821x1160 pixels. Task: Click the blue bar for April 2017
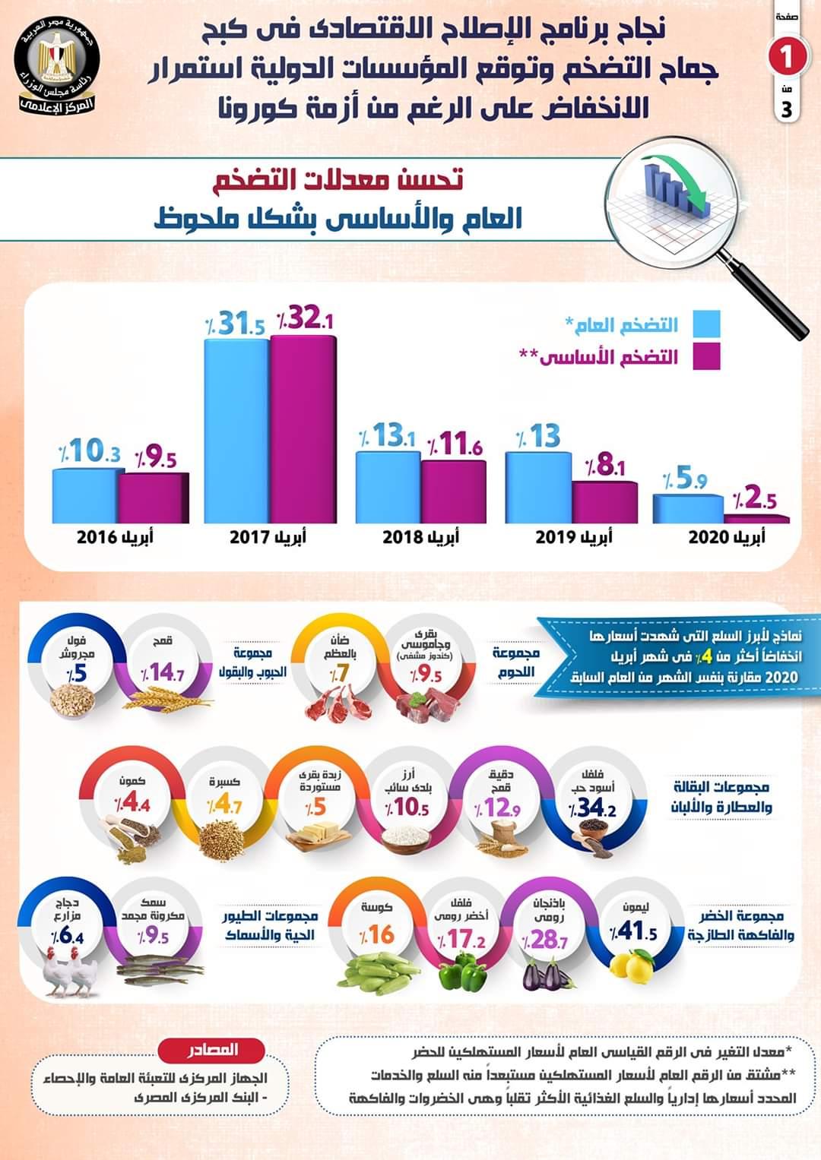[236, 430]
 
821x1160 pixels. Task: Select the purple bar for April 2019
[604, 501]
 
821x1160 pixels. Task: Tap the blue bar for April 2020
[687, 508]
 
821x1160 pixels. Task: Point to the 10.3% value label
[90, 451]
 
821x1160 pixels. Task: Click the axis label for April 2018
[420, 538]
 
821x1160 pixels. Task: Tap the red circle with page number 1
[785, 57]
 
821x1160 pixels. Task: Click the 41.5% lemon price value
[632, 931]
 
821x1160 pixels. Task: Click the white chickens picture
[70, 972]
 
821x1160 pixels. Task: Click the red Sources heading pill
[211, 1051]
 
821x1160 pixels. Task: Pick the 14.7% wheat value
[162, 672]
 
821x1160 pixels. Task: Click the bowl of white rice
[404, 837]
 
